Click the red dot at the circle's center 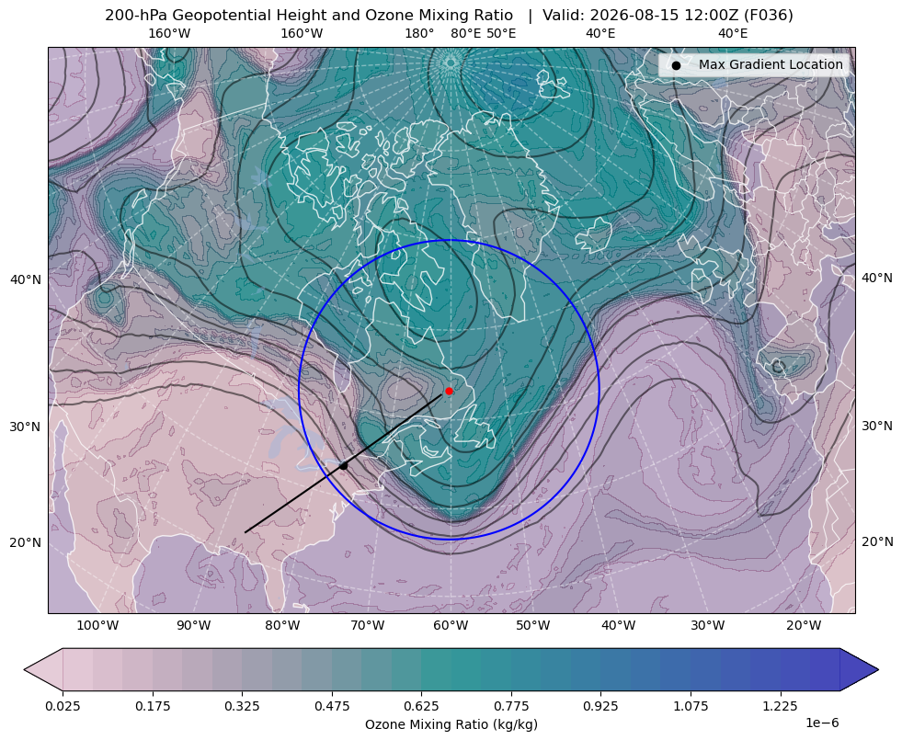(x=450, y=391)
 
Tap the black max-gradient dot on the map (x=344, y=466)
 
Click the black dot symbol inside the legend (x=676, y=65)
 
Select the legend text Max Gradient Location (x=771, y=64)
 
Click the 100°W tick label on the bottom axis (x=97, y=626)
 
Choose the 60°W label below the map (x=451, y=626)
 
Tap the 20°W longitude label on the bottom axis (x=804, y=626)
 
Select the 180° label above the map (x=419, y=33)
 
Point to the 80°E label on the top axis (x=466, y=33)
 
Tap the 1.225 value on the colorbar (x=780, y=706)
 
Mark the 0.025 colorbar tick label (x=63, y=706)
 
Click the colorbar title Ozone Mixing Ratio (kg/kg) (x=451, y=723)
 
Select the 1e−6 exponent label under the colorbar (x=822, y=723)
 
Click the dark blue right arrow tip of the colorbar (x=878, y=669)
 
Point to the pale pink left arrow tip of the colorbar (x=25, y=669)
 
